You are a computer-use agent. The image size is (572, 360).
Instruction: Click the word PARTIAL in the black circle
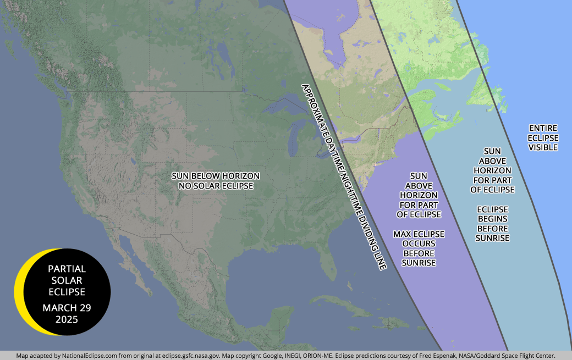click(x=67, y=269)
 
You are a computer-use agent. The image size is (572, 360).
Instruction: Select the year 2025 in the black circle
click(x=67, y=319)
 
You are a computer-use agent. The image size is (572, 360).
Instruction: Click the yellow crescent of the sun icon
click(x=20, y=291)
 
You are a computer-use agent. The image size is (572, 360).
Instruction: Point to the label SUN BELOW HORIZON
click(x=216, y=176)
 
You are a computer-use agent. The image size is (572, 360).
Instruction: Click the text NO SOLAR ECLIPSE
click(x=216, y=186)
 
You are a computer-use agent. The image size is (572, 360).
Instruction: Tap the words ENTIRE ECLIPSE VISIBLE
click(x=543, y=137)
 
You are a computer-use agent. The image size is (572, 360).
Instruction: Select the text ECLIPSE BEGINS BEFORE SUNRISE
click(x=493, y=223)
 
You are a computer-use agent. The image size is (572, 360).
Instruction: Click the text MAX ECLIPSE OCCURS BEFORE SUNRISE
click(x=419, y=248)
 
